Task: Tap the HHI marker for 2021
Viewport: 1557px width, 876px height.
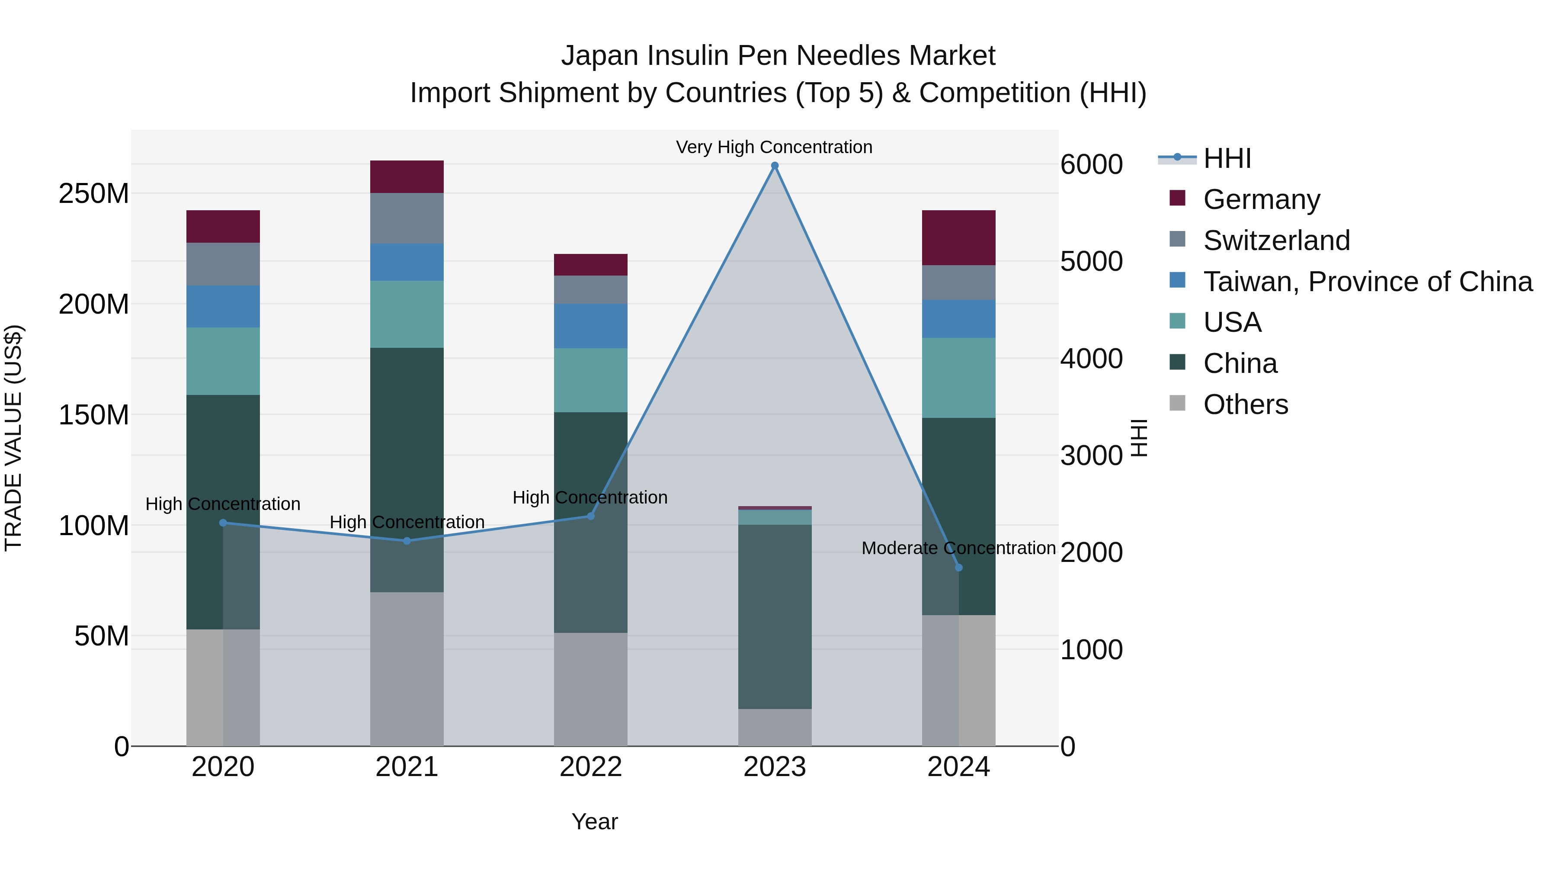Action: point(407,540)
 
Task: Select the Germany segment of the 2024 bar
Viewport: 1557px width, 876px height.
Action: point(958,237)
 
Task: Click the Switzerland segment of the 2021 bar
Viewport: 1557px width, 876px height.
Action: point(407,218)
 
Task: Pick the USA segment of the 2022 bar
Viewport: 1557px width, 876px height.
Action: point(590,380)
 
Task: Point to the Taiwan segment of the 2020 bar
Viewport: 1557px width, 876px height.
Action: point(223,307)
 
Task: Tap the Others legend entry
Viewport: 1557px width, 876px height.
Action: point(1245,404)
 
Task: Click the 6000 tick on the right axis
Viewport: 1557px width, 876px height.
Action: point(1091,164)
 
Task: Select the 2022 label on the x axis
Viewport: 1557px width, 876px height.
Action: point(590,767)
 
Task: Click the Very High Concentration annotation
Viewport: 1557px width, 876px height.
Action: point(774,147)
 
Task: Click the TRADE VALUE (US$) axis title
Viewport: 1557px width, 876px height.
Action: point(13,438)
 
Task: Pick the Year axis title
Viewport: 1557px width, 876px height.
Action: point(595,821)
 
